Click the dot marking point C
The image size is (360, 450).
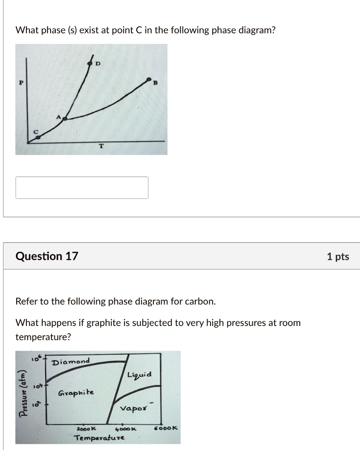coord(38,138)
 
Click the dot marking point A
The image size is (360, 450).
coord(65,118)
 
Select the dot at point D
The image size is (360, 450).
coord(90,64)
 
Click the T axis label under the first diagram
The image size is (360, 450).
coord(102,146)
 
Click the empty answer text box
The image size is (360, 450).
coord(82,188)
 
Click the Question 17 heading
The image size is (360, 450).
coord(47,256)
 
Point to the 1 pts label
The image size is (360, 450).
coord(338,257)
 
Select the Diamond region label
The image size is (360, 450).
coord(70,362)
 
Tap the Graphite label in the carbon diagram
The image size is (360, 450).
coord(76,392)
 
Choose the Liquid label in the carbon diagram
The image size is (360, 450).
coord(139,375)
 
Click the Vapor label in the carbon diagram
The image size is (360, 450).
coord(134,409)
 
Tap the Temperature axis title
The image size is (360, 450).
coord(99,438)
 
